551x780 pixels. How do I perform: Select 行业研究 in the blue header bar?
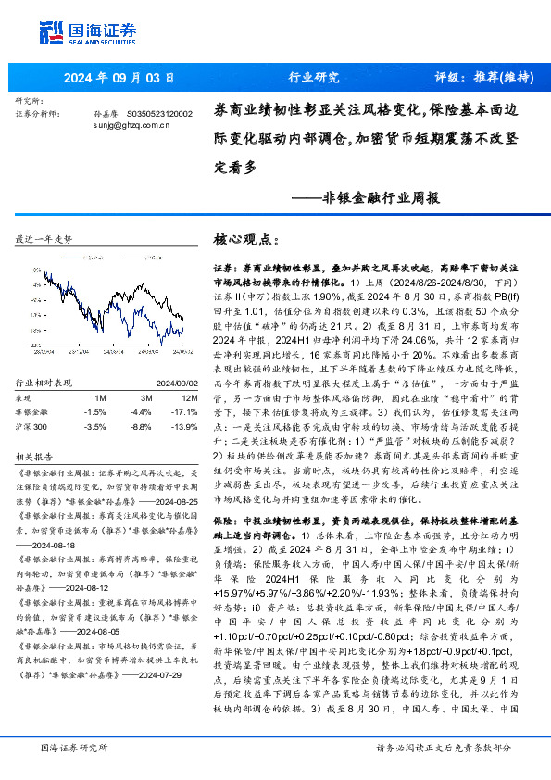pyautogui.click(x=314, y=77)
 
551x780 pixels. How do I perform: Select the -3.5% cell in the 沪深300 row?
pyautogui.click(x=94, y=425)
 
